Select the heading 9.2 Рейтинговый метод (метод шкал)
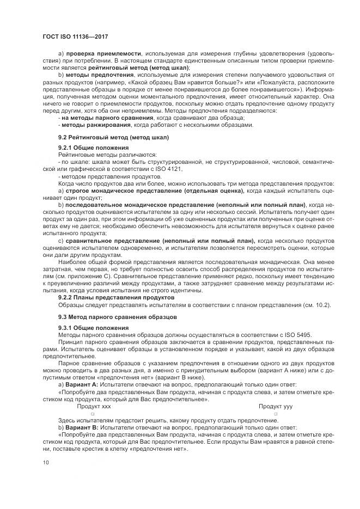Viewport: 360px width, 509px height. coord(107,137)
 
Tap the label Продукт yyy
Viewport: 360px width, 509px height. coord(276,406)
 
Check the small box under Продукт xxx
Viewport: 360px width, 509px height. coord(93,414)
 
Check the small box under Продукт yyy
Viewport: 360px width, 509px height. coord(276,414)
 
